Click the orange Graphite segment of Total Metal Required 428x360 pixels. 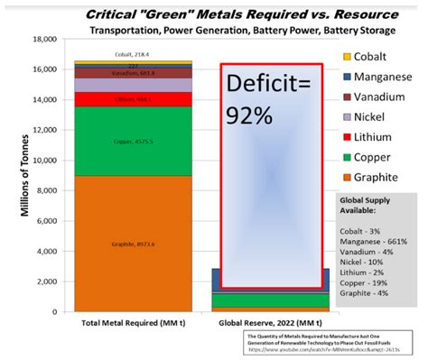point(133,243)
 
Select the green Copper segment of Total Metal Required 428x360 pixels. point(133,141)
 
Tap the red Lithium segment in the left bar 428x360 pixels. point(133,99)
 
